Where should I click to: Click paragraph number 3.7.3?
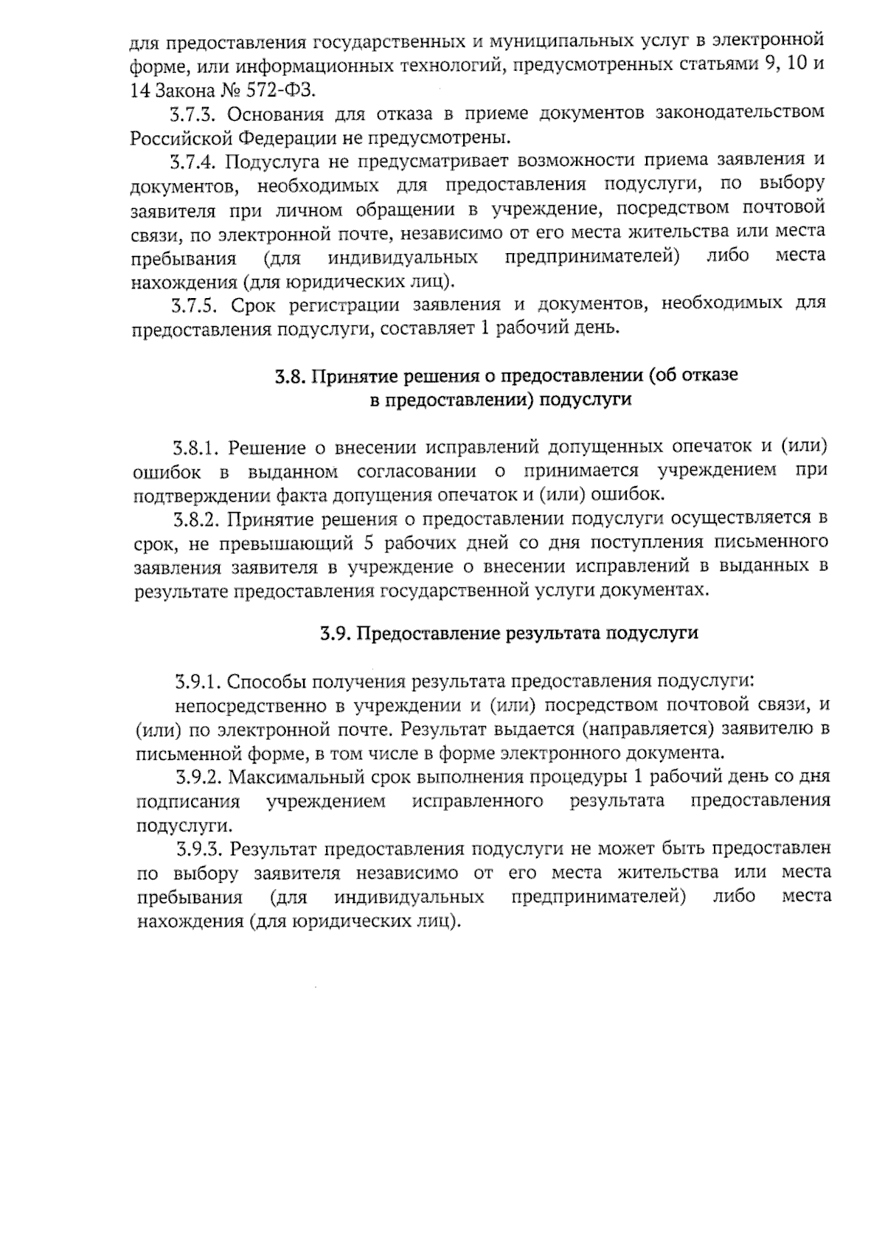(194, 114)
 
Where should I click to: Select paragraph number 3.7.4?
(195, 161)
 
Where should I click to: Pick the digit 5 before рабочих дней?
(369, 543)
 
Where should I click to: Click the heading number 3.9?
(336, 634)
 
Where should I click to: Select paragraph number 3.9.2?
(199, 777)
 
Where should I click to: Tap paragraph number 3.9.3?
(200, 848)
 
